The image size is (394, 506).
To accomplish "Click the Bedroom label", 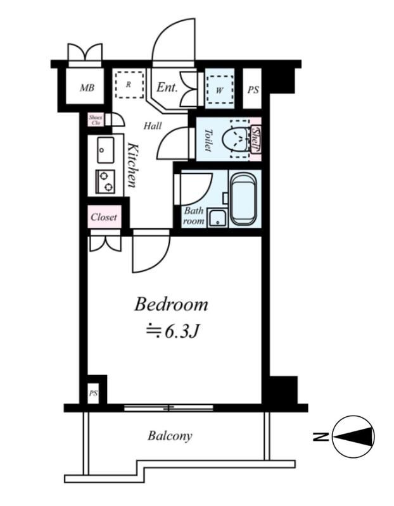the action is coord(171,304).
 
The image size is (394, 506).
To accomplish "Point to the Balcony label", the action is coord(170,436).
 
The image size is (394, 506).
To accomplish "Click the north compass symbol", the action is coord(353,436).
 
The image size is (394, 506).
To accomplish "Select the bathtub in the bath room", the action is coord(244,199).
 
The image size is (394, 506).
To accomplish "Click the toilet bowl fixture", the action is coord(237,139).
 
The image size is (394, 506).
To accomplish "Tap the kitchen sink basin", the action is coord(105,150).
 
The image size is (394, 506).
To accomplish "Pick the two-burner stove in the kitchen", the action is coord(105,182).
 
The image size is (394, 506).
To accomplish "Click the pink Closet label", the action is coord(104,217).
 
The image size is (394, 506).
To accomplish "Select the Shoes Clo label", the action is coord(96,120).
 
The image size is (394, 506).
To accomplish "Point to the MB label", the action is coord(87,87).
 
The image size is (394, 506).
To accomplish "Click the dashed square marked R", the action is coord(129,85).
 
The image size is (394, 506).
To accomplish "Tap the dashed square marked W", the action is coord(220,89).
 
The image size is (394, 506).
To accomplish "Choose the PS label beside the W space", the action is coord(253,90).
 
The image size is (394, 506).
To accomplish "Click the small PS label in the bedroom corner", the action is coord(93,393).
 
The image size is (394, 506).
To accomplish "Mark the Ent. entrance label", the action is coord(167,87).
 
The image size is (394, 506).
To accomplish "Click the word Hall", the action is coord(153,125).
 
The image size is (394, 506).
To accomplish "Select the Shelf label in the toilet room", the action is coord(256,139).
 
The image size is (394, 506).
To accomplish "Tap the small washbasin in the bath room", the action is coord(217,218).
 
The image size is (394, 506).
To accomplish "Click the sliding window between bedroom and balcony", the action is coord(168,408).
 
